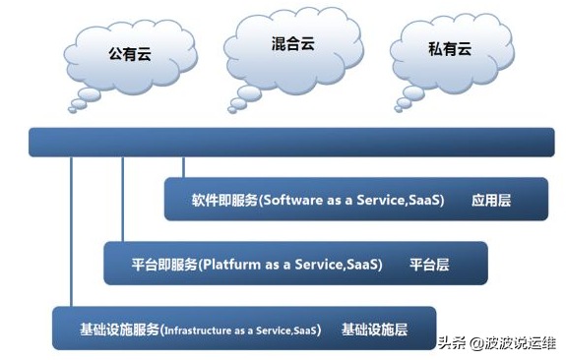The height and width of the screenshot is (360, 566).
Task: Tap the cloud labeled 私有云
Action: pos(449,54)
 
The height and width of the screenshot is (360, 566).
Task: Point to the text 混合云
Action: pos(292,44)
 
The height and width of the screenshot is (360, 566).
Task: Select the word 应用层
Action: pos(491,200)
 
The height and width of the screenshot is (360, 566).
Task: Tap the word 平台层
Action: pos(429,265)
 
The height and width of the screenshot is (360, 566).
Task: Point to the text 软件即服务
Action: pos(224,200)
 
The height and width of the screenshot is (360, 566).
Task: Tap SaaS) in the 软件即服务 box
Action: pos(424,200)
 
